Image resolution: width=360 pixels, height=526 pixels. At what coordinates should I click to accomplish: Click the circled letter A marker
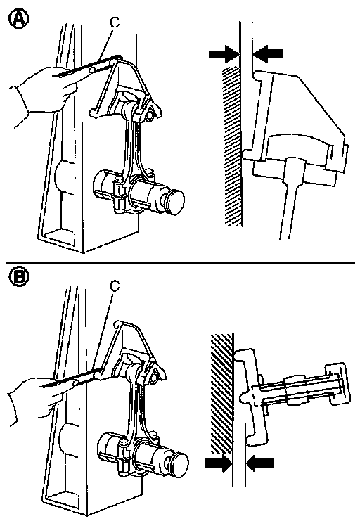[18, 19]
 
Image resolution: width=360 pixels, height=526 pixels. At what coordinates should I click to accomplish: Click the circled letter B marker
[18, 277]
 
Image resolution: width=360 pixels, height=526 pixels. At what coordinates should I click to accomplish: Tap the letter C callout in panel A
[115, 22]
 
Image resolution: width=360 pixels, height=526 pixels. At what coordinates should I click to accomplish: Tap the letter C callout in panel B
[115, 286]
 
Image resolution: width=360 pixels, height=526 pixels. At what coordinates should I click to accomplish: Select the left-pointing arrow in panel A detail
[268, 53]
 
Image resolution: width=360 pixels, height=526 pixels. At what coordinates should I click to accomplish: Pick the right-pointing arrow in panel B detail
[218, 463]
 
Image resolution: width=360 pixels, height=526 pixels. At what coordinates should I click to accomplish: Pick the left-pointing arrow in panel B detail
[259, 463]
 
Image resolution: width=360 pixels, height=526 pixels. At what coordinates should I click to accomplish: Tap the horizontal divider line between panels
[180, 263]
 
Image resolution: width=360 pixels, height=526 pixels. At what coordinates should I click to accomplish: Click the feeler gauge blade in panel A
[88, 66]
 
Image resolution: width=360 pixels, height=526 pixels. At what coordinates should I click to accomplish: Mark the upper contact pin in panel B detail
[243, 356]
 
